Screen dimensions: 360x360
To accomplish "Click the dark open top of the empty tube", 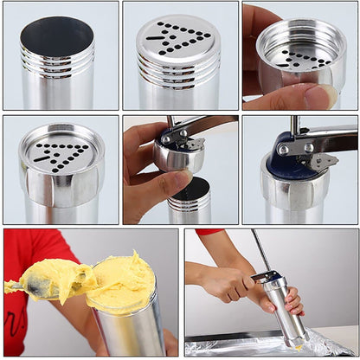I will (56, 35).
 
